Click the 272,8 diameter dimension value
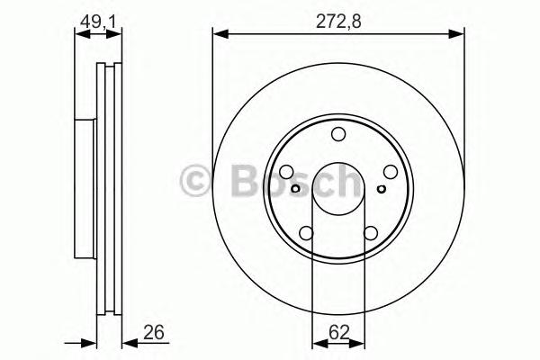[338, 22]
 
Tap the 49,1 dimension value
[97, 22]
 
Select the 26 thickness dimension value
[153, 332]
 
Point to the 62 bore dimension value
[339, 332]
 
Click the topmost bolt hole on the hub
[338, 134]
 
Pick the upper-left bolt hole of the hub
[286, 172]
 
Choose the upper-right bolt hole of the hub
[391, 172]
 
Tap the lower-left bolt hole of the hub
[307, 233]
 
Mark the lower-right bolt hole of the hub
[371, 233]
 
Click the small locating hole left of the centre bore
[295, 189]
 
